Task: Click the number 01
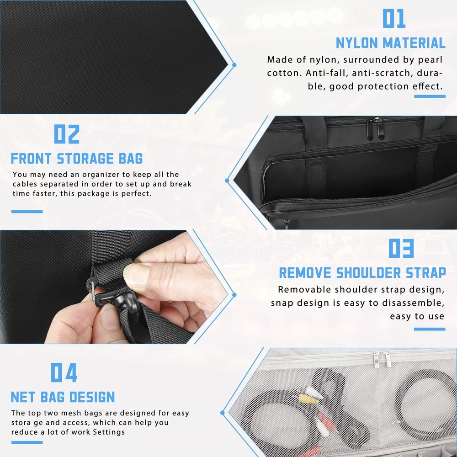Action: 394,18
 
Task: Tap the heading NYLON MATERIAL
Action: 391,43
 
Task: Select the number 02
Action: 67,134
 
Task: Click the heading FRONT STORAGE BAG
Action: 77,158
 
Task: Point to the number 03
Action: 401,248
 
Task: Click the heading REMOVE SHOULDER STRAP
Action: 362,273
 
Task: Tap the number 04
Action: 64,372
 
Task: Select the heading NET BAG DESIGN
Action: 63,397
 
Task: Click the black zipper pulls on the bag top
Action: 375,128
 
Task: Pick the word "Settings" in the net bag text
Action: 108,432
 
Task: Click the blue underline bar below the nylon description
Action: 430,96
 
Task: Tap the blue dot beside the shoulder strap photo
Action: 234,295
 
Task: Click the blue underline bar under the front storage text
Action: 27,212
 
